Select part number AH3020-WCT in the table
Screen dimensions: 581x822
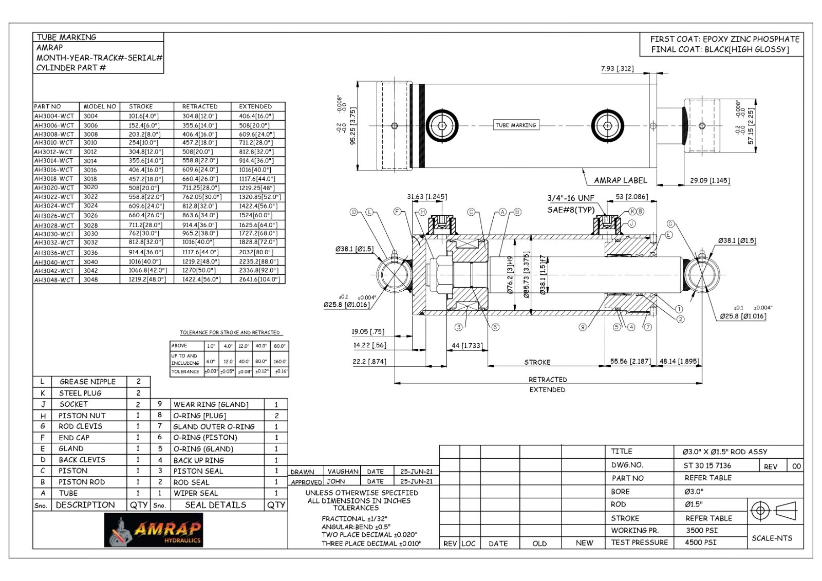click(54, 188)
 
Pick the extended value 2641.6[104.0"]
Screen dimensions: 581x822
click(259, 279)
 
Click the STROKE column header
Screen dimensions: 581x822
click(141, 106)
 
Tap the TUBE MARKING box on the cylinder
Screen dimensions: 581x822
click(515, 125)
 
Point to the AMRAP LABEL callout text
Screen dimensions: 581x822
click(620, 180)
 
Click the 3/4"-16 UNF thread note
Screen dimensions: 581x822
click(570, 198)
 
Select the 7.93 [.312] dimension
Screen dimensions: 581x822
click(617, 68)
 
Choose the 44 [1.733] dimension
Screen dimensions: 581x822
click(467, 346)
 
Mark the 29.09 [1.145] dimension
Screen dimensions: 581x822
click(709, 181)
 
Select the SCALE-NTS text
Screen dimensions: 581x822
click(772, 538)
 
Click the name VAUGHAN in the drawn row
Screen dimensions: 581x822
click(343, 471)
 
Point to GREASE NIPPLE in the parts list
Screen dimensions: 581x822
click(87, 382)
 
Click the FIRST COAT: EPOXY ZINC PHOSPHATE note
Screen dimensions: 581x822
click(724, 39)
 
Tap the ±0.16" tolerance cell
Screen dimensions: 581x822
click(281, 371)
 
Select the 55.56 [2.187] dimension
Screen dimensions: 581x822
click(630, 362)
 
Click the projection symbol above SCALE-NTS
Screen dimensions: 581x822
click(773, 511)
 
